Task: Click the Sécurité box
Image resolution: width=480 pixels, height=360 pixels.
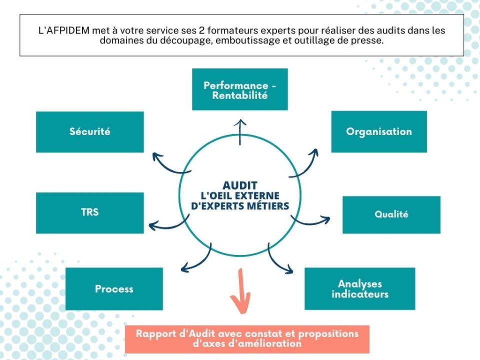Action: (x=90, y=132)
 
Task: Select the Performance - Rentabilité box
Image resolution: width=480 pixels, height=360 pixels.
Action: (x=240, y=89)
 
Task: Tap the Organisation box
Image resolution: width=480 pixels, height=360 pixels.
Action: (x=379, y=131)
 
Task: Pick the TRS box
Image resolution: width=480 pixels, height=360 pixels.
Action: (x=90, y=212)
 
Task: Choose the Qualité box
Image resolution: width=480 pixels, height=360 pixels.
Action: (x=391, y=214)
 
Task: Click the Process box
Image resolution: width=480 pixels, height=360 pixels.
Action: (x=114, y=288)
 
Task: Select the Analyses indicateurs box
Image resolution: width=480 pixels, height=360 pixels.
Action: (x=359, y=288)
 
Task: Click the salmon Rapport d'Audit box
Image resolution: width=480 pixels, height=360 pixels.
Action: (x=247, y=339)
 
